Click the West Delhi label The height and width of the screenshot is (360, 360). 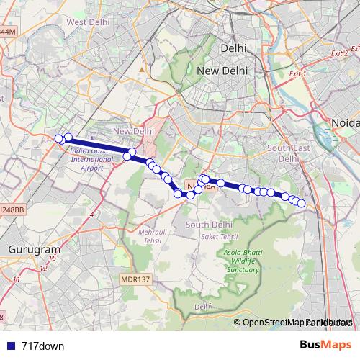point(88,22)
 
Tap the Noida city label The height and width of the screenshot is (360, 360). point(343,122)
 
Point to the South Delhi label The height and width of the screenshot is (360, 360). point(207,225)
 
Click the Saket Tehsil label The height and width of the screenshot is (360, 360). point(219,236)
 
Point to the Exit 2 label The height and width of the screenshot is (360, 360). point(339,53)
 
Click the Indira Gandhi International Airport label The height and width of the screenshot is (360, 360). point(92,159)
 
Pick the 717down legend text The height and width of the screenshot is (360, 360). point(43,346)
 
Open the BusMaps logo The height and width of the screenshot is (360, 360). point(325,346)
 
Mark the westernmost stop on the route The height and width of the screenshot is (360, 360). point(59,139)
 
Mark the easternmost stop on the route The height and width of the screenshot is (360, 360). point(302,204)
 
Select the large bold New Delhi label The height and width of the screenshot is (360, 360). point(222,71)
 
